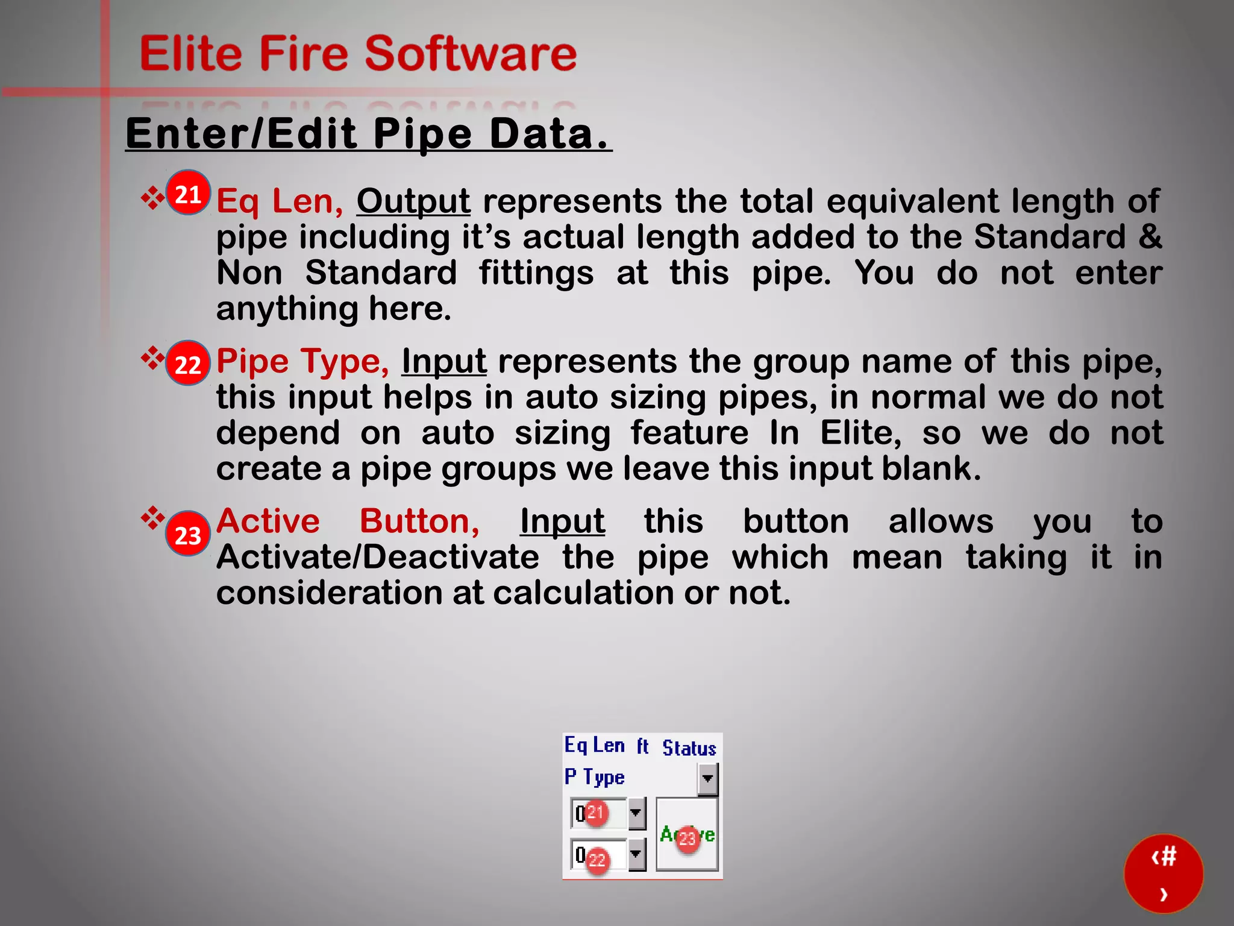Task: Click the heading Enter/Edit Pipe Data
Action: [368, 133]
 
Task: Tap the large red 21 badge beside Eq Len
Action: [188, 194]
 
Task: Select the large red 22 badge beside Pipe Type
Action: [188, 364]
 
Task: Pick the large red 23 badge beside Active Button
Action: [188, 535]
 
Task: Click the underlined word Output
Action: [413, 201]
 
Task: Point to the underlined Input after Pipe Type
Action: [444, 361]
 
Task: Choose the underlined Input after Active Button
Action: [562, 521]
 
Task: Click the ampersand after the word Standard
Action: [1150, 236]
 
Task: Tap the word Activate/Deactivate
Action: [378, 556]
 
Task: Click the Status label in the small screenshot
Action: [689, 748]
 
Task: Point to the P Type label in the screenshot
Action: [594, 777]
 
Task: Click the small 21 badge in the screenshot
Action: [595, 813]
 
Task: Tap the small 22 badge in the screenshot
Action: [597, 859]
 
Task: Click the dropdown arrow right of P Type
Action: [707, 779]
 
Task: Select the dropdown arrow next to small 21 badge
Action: [636, 813]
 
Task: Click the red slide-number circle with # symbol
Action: [1163, 874]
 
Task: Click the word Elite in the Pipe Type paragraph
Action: [860, 433]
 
